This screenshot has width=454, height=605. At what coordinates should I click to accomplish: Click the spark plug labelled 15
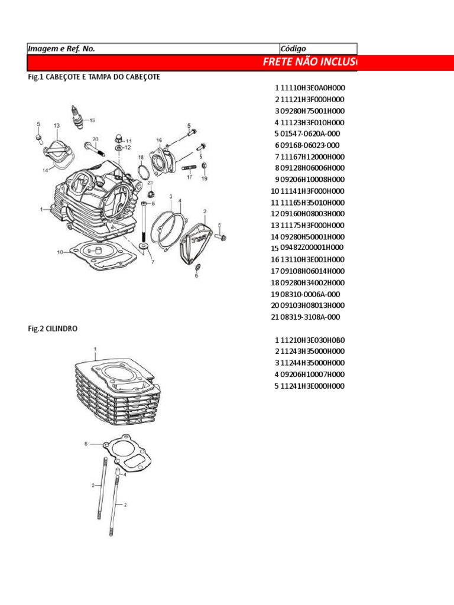(x=75, y=115)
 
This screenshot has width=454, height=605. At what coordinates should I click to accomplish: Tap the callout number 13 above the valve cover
(x=56, y=125)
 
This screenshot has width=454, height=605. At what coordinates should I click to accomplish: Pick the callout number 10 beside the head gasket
(x=60, y=252)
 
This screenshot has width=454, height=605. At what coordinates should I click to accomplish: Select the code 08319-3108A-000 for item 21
(x=311, y=317)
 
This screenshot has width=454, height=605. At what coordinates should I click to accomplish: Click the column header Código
(x=293, y=48)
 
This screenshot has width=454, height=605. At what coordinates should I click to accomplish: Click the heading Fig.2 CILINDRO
(x=53, y=328)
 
